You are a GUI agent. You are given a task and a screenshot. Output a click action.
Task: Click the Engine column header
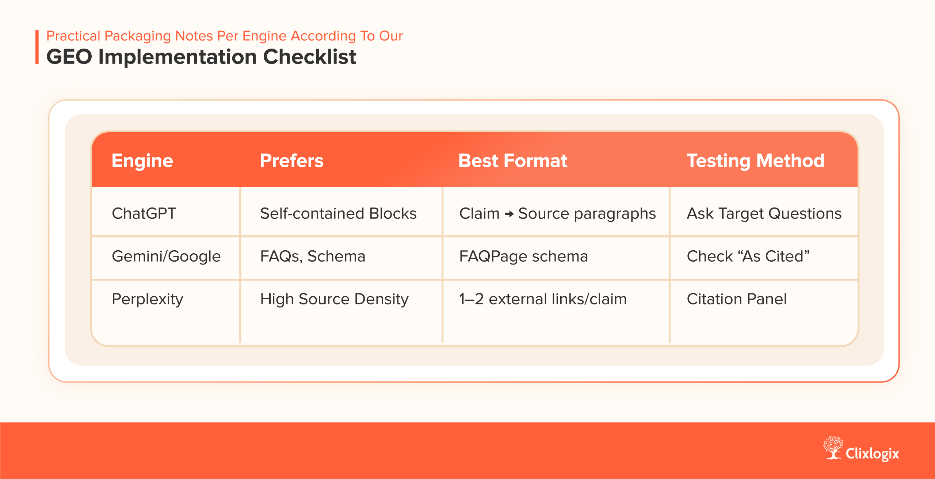click(142, 161)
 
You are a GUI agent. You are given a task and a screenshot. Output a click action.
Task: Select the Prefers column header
click(291, 161)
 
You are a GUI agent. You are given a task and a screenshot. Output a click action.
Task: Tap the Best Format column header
click(512, 161)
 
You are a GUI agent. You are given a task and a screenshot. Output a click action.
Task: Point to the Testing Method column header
click(755, 161)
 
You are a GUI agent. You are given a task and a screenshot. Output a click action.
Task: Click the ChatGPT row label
click(144, 213)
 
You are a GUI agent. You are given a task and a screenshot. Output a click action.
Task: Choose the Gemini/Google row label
click(166, 256)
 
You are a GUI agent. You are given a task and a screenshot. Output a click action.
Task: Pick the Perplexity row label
click(147, 299)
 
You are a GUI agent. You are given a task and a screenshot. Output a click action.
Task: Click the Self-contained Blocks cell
click(338, 213)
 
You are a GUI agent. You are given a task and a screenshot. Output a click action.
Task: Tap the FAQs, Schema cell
click(313, 256)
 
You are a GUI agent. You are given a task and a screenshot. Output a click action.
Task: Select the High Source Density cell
click(334, 299)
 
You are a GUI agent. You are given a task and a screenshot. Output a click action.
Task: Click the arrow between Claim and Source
click(509, 214)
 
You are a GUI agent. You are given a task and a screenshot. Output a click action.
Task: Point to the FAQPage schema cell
click(523, 256)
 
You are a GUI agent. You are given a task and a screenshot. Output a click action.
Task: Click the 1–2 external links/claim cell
click(543, 299)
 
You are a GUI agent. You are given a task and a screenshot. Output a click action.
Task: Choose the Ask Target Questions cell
click(764, 213)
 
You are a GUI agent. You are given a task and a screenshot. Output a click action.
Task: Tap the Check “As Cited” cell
click(748, 256)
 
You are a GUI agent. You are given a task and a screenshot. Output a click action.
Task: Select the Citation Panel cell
click(737, 299)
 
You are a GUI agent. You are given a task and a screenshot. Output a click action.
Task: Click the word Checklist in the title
click(309, 57)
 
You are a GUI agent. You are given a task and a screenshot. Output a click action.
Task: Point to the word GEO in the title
click(69, 57)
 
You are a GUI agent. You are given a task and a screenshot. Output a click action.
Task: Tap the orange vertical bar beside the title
click(37, 47)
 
